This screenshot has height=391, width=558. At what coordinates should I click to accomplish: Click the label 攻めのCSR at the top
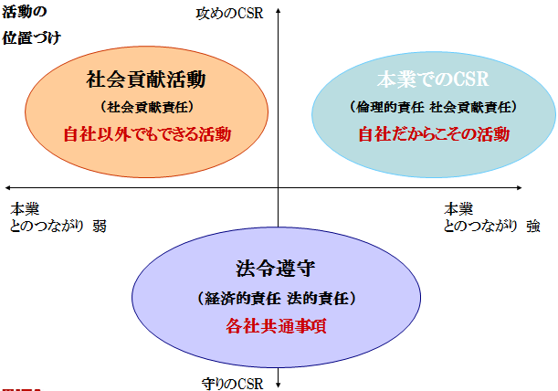point(229,14)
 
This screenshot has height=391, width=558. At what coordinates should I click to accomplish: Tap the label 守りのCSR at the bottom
point(232,384)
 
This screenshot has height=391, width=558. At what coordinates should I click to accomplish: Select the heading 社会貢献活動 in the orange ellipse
point(146,79)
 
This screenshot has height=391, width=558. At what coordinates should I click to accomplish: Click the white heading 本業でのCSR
point(433,79)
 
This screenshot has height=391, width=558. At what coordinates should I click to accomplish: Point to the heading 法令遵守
point(276,269)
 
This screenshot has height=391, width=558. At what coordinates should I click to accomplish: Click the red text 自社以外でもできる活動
point(147,134)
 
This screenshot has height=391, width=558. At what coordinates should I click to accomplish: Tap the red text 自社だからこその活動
point(434,134)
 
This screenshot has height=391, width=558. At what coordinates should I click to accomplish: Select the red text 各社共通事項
point(276,326)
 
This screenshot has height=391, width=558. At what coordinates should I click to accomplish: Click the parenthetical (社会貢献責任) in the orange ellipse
point(147,107)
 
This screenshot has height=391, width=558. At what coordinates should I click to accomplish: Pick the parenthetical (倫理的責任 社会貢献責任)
point(433,107)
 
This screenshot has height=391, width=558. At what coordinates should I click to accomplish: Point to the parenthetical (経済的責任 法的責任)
point(277,298)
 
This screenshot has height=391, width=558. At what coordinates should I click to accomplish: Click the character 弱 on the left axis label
point(100,227)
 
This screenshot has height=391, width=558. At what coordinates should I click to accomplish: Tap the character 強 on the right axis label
point(533,227)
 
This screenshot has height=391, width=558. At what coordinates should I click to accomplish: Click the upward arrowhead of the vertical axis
point(279,11)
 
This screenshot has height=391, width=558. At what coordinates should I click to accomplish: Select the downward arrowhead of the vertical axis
point(279,385)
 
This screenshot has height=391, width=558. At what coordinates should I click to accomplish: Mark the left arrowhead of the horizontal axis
point(8,187)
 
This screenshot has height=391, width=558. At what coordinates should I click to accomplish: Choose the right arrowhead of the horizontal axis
point(519,187)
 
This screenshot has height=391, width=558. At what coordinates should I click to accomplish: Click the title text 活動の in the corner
point(25,12)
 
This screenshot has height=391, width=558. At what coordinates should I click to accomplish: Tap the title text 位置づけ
point(32,37)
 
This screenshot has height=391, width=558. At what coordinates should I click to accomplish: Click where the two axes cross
point(279,187)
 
